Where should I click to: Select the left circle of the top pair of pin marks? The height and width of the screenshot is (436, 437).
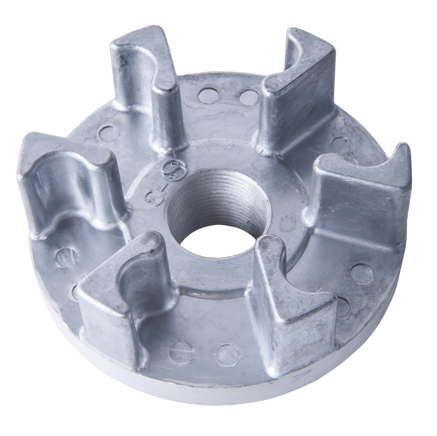click(206, 94)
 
